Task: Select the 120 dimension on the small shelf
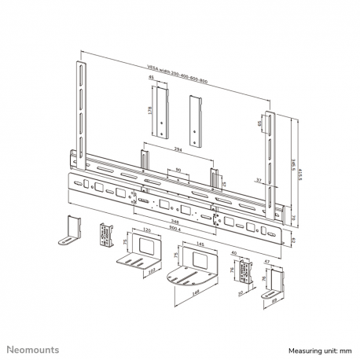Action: click(145, 233)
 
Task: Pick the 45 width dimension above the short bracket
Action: click(150, 79)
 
